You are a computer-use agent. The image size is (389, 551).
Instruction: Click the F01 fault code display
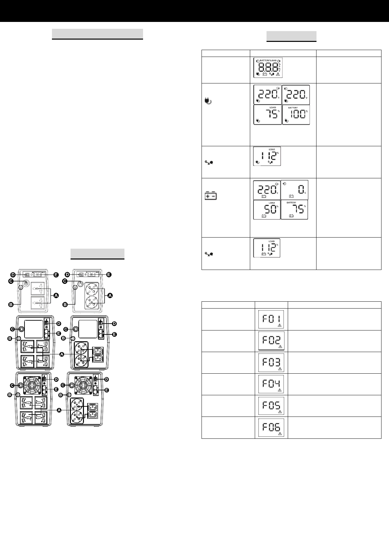pos(271,319)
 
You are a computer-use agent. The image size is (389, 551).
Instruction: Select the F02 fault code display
pos(271,341)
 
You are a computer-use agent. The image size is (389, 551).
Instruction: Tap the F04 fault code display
pos(271,384)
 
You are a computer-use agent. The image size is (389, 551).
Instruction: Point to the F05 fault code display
pos(271,406)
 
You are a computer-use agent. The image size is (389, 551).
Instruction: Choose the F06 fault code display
pos(271,427)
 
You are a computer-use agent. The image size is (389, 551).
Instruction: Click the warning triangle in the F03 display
pos(279,369)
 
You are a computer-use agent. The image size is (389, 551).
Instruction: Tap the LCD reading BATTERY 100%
pos(296,115)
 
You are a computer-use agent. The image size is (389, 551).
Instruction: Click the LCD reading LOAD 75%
pos(267,115)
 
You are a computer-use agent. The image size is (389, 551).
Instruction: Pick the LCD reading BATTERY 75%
pos(294,210)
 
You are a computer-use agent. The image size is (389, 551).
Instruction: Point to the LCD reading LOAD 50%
pos(267,210)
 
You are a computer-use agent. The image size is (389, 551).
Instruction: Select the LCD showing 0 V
pos(294,190)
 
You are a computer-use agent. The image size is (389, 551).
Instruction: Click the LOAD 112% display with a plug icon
pos(267,156)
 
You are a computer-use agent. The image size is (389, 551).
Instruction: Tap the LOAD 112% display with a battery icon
pos(267,248)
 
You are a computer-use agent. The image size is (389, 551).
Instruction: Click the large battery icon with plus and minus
pos(211,196)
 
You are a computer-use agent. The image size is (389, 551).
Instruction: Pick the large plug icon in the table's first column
pos(208,101)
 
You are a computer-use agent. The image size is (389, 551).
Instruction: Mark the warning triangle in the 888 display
pos(278,74)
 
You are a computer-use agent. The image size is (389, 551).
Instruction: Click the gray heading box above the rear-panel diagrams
pos(97,254)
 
